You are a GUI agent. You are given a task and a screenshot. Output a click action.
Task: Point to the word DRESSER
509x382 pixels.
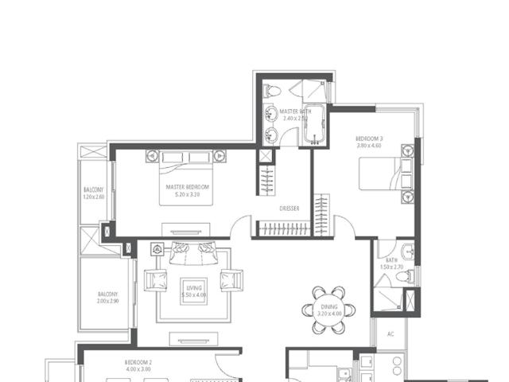(x=289, y=209)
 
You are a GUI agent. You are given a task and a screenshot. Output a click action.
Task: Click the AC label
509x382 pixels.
(x=390, y=335)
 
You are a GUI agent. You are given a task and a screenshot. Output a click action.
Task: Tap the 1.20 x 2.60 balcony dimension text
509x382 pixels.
(x=94, y=197)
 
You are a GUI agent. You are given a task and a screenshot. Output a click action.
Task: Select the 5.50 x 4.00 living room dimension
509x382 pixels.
(x=194, y=295)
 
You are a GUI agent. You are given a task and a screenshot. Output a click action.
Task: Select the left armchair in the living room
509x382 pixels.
(x=156, y=280)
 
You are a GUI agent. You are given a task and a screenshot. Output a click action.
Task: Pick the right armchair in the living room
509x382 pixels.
(x=231, y=280)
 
